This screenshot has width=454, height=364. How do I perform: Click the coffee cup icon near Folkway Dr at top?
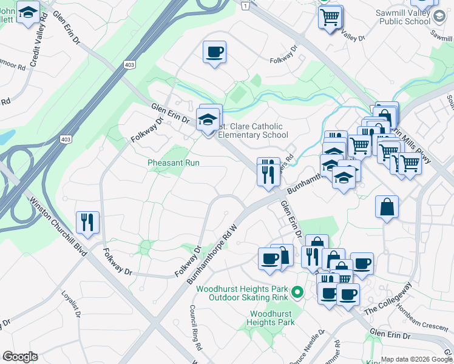[x=214, y=52]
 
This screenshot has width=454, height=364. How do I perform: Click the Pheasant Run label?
[x=174, y=163]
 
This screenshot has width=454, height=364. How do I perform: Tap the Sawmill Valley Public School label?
[x=404, y=17]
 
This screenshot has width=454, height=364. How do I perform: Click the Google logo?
[x=20, y=357]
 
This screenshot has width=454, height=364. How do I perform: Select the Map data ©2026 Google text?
[x=416, y=359]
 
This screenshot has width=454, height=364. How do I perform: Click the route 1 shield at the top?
[x=245, y=5]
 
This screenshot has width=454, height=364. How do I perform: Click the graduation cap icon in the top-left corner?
[x=28, y=12]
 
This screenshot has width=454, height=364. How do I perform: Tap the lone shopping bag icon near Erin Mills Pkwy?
[x=387, y=207]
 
